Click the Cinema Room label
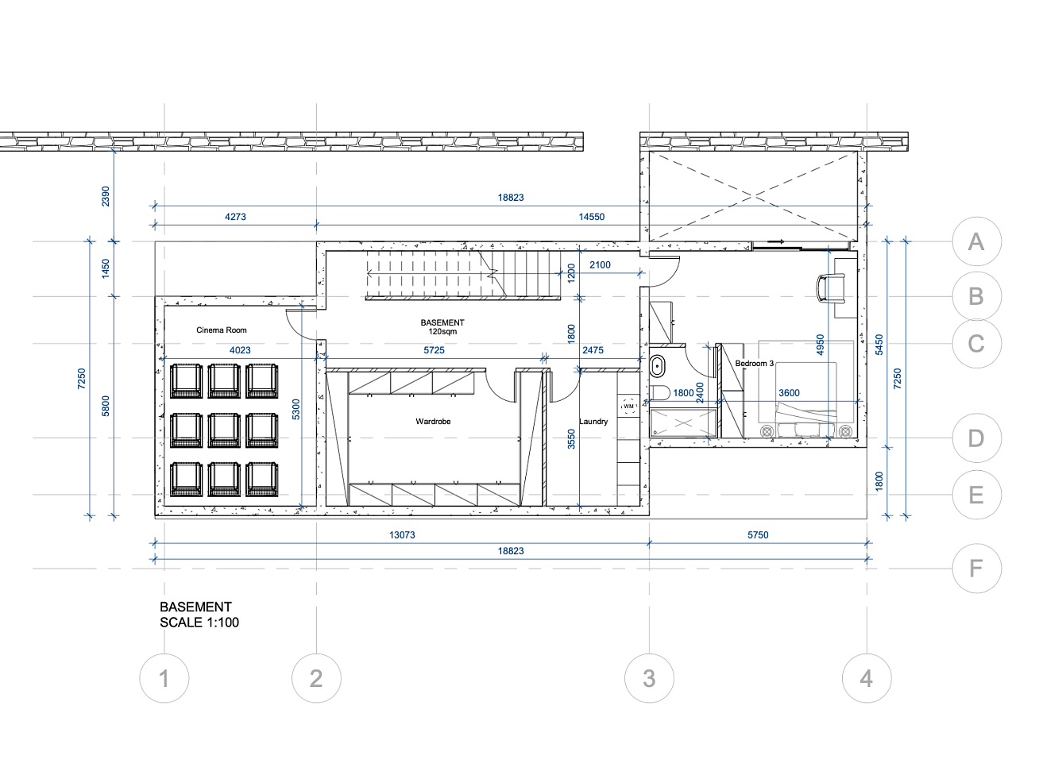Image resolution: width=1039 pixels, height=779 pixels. coord(221,330)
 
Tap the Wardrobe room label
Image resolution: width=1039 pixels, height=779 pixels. coord(433,421)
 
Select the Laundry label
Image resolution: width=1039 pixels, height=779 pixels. coord(593,421)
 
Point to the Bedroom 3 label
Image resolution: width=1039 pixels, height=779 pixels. coord(754,363)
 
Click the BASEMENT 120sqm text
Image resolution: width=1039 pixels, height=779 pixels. coord(442,327)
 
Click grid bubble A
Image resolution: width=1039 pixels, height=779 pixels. coord(976,241)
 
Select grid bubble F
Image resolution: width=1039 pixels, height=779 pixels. coord(976,568)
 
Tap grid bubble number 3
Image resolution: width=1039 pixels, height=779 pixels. coord(649,678)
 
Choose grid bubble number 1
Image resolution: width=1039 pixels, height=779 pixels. coord(164,678)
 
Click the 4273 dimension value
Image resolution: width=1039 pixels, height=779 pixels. coord(235,217)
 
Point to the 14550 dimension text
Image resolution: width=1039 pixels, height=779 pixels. coord(591,217)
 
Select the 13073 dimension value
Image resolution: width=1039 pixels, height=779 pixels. coord(402,535)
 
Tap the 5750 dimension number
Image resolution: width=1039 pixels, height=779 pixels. coord(757,535)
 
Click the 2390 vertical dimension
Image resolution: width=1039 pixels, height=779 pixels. coord(105,196)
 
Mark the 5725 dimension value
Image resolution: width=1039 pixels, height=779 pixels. coord(434,350)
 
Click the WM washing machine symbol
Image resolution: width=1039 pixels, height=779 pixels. coord(628,406)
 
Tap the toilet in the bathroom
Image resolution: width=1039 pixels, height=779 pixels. coord(660,392)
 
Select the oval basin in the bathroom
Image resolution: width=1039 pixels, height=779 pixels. coord(657,366)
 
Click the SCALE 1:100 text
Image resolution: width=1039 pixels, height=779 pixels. coord(199,622)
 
